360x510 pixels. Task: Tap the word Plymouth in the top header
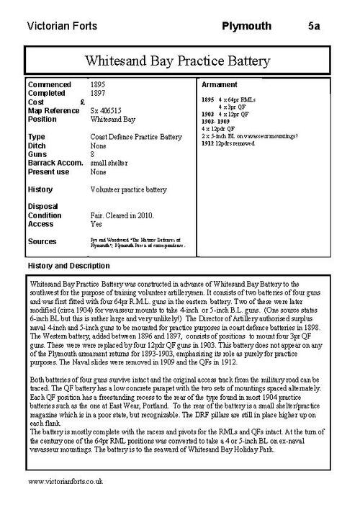point(247,27)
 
